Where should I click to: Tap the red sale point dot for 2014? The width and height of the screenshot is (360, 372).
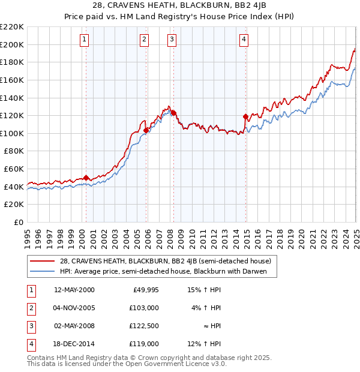point(245,116)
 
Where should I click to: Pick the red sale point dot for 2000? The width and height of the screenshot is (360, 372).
point(86,178)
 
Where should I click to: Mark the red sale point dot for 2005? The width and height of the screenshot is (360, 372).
point(146,130)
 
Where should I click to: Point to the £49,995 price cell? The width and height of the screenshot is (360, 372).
point(145,290)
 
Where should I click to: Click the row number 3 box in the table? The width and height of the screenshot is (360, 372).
point(29,326)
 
